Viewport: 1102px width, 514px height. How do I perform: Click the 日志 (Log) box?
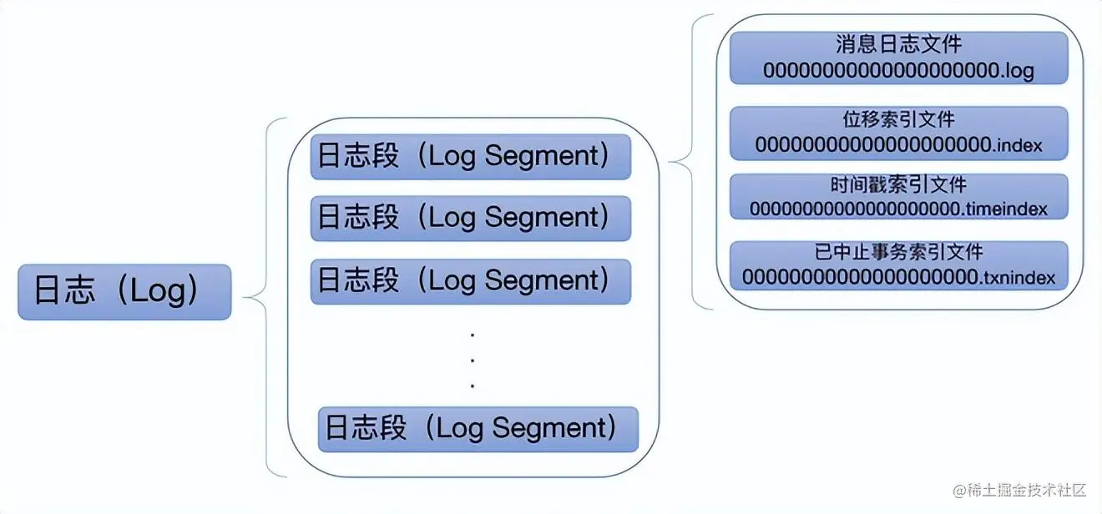click(124, 292)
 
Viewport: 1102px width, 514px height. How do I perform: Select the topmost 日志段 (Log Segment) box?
click(470, 156)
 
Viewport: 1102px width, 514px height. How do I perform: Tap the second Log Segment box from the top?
click(470, 218)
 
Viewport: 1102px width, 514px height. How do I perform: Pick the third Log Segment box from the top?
click(470, 280)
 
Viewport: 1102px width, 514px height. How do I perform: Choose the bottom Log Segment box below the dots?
click(478, 429)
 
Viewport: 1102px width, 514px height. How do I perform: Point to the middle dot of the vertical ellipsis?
click(473, 360)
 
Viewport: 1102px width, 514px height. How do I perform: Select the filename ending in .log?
click(898, 71)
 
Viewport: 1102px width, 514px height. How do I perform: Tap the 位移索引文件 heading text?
click(898, 119)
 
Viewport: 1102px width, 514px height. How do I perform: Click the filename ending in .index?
click(898, 144)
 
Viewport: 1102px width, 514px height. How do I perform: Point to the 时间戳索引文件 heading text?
click(898, 184)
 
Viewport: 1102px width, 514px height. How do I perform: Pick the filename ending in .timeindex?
click(898, 208)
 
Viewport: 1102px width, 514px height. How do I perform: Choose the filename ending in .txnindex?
click(898, 276)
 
